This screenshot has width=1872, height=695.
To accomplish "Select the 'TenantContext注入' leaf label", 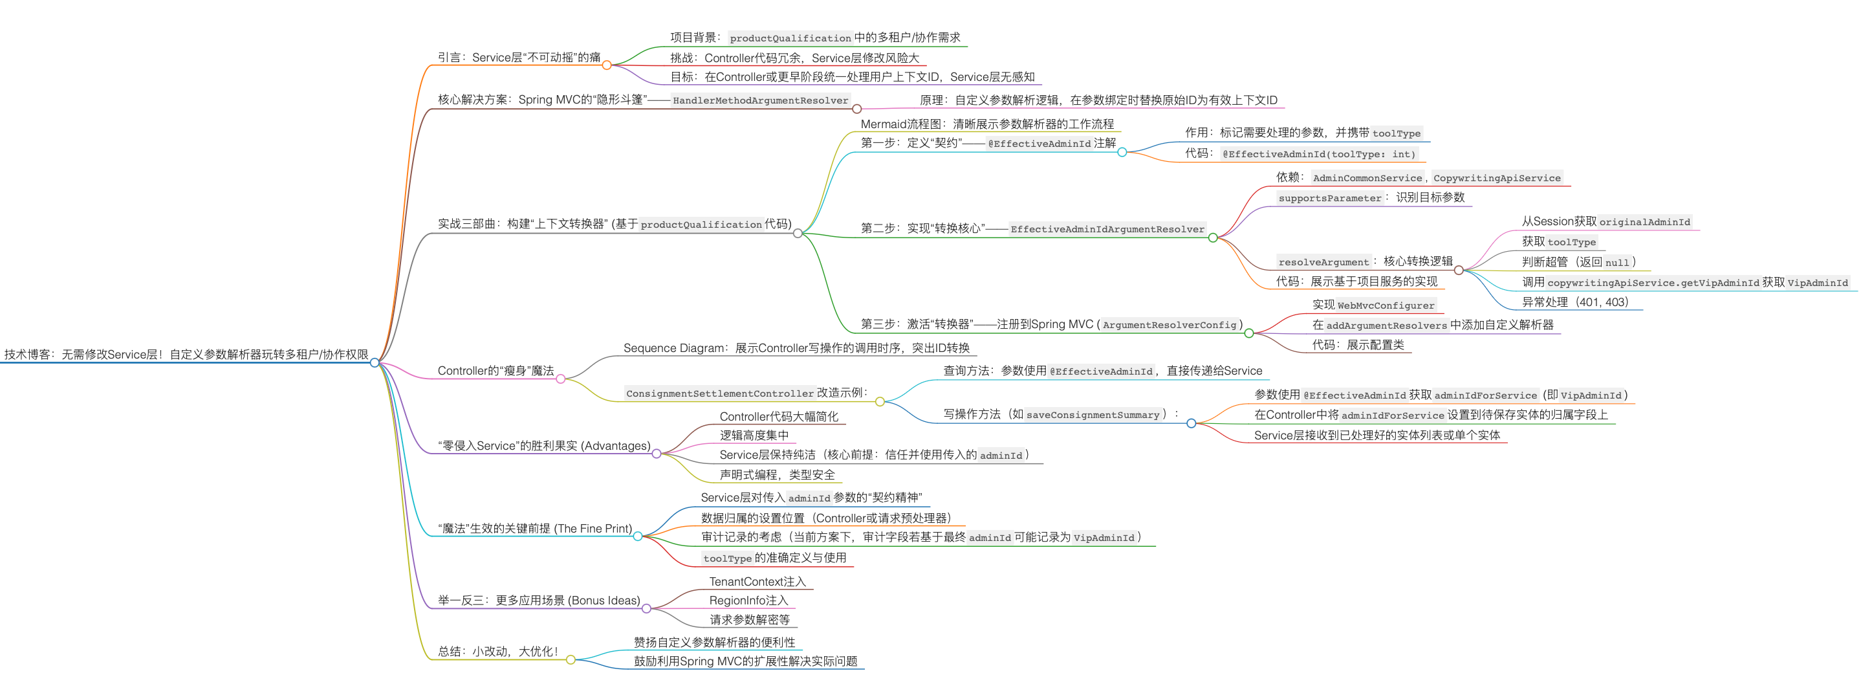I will tap(757, 582).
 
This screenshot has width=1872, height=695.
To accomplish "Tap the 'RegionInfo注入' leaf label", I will tap(748, 601).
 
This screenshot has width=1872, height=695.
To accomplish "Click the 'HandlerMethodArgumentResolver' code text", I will tap(760, 100).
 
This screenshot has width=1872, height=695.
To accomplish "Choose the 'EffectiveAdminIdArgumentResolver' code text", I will tap(1107, 229).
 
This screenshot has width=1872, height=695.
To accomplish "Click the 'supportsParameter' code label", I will tap(1329, 198).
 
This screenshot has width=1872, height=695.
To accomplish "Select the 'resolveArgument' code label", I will tap(1323, 261).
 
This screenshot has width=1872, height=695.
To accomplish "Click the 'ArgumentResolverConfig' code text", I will tap(1170, 325).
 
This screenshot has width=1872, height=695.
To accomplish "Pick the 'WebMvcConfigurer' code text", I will tap(1386, 305).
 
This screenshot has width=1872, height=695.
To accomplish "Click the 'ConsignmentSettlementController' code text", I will tap(719, 393).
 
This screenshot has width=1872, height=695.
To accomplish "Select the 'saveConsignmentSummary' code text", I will tap(1093, 415).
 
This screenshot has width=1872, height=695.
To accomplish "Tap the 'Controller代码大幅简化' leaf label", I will tap(778, 417).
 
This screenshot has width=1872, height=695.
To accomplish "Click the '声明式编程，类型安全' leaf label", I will tap(777, 475).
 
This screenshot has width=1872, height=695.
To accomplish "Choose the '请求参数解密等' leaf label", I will tap(749, 619).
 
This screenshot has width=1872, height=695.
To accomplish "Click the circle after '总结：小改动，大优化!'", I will tap(571, 660).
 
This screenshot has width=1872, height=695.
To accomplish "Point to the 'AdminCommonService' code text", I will tap(1367, 178).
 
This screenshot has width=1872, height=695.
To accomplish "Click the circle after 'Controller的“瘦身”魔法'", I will tap(560, 379).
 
